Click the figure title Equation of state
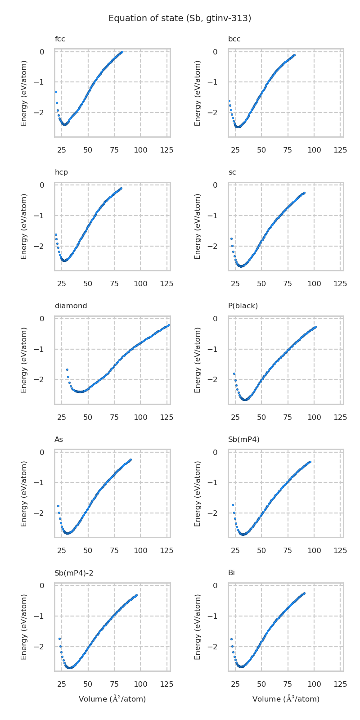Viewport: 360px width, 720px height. (180, 18)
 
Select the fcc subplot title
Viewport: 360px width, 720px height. (60, 39)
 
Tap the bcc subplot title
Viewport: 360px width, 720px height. (234, 39)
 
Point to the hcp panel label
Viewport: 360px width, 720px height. (61, 172)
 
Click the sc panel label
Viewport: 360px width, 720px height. (232, 172)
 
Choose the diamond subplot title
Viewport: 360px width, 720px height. (71, 306)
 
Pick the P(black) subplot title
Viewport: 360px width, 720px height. (243, 306)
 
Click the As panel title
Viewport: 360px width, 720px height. (58, 439)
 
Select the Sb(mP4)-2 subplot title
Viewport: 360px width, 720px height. (74, 573)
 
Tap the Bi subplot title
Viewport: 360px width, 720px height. (231, 573)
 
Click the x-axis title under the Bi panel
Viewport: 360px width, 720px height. (286, 699)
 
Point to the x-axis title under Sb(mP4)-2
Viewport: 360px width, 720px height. (112, 699)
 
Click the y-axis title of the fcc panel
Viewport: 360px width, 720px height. (24, 93)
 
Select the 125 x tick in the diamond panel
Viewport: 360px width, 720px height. (166, 418)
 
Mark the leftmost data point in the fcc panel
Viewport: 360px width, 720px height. (56, 92)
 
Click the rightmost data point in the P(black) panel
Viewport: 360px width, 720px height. (315, 327)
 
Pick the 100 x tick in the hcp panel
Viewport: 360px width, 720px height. (140, 284)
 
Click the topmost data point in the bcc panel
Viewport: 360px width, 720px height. (294, 55)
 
